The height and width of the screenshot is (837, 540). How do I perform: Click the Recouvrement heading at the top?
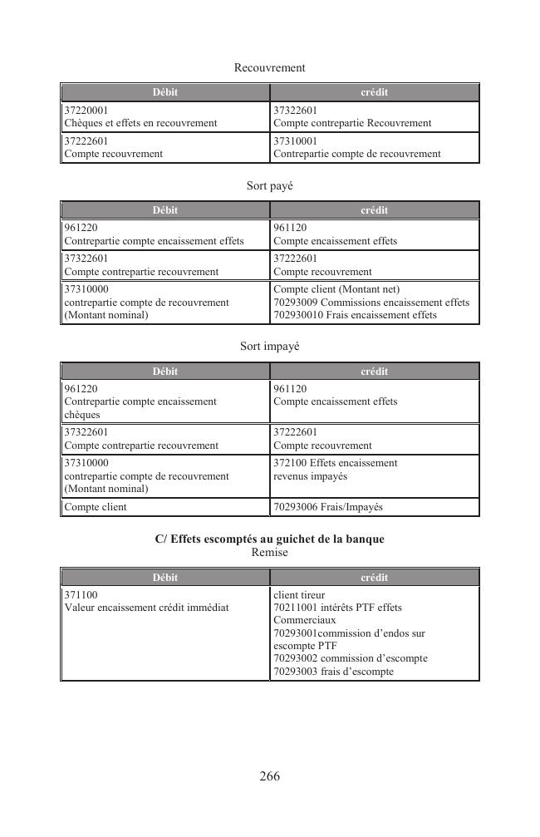click(269, 67)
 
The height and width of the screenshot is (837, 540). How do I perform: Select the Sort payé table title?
click(269, 186)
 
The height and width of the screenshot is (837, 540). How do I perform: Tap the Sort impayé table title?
click(269, 347)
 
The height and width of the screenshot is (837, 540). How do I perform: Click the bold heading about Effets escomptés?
click(269, 539)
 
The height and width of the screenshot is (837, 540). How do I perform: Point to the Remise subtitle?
click(269, 553)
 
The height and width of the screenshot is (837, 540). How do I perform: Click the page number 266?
click(269, 776)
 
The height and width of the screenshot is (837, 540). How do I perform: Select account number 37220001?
click(86, 110)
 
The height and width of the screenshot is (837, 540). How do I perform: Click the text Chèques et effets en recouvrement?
click(140, 123)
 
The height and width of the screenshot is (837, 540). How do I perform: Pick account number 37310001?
click(296, 141)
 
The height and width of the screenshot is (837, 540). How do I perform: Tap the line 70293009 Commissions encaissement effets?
click(371, 303)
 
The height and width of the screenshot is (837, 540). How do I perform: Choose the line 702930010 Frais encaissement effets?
click(355, 315)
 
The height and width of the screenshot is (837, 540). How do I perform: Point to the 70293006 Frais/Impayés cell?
click(328, 507)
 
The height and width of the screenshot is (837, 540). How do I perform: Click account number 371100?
click(81, 595)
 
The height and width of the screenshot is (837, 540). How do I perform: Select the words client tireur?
click(299, 595)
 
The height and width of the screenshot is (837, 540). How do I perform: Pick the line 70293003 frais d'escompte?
click(333, 672)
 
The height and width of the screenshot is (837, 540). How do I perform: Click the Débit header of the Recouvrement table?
click(164, 92)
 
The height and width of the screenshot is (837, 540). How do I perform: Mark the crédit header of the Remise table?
click(375, 578)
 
